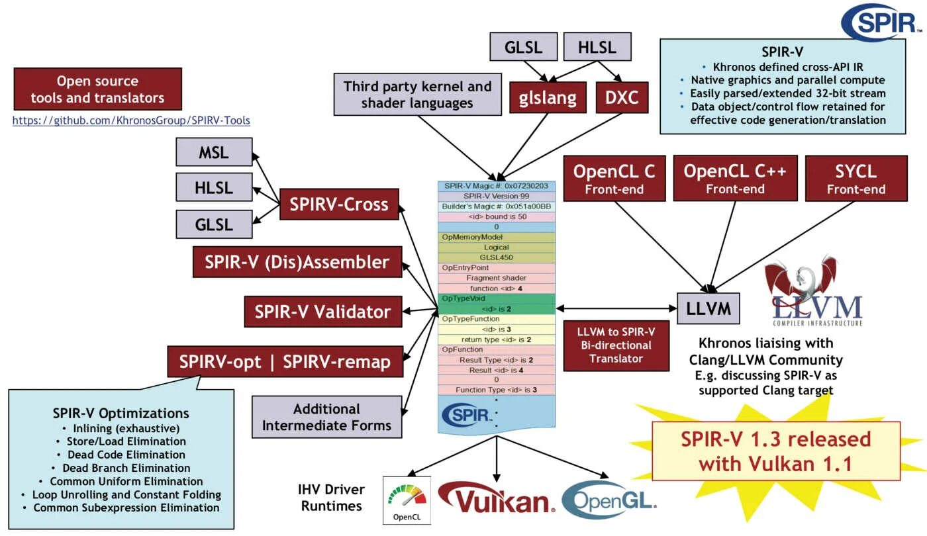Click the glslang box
pyautogui.click(x=548, y=98)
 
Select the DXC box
pyautogui.click(x=622, y=98)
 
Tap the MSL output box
pyautogui.click(x=214, y=152)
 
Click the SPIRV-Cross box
pyautogui.click(x=339, y=204)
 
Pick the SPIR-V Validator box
pyautogui.click(x=323, y=312)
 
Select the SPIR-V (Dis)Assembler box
pyautogui.click(x=297, y=262)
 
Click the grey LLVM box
pyautogui.click(x=708, y=308)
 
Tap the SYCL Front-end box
pyautogui.click(x=856, y=179)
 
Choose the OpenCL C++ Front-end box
pyautogui.click(x=736, y=179)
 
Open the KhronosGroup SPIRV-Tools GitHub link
pyautogui.click(x=131, y=120)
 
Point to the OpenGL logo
pyautogui.click(x=609, y=500)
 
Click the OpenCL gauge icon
pyautogui.click(x=407, y=500)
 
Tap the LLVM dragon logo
pyautogui.click(x=814, y=290)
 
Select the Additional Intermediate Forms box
pyautogui.click(x=326, y=417)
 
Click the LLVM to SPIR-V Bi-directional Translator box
pyautogui.click(x=616, y=345)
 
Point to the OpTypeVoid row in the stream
pyautogui.click(x=497, y=298)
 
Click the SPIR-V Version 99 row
pyautogui.click(x=497, y=196)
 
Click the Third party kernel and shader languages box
pyautogui.click(x=418, y=94)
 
